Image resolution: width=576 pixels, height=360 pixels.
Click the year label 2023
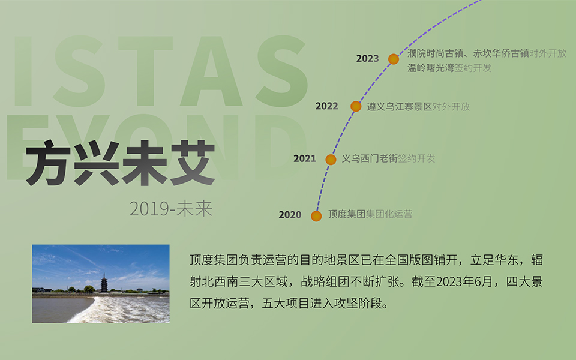[x=367, y=58]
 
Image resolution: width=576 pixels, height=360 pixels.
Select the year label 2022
[x=326, y=106]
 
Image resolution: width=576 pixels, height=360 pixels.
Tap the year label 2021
[x=305, y=158]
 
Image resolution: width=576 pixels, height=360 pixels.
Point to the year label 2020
[x=290, y=215]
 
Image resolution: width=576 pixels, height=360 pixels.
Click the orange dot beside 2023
[x=394, y=59]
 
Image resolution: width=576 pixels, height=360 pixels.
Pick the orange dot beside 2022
[x=356, y=106]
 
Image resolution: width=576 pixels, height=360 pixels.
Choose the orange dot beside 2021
[x=331, y=160]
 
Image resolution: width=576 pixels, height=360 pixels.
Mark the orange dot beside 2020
[x=316, y=216]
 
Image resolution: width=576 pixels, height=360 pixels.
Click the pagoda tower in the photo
[x=104, y=283]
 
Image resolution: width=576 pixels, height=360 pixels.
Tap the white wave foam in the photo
[x=121, y=310]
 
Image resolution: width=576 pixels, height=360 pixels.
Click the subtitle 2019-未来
[x=171, y=209]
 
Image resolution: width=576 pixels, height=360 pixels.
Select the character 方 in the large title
[x=48, y=163]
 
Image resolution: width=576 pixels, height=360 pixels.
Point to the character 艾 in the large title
[x=193, y=163]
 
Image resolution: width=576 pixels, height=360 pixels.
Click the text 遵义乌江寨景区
[x=400, y=107]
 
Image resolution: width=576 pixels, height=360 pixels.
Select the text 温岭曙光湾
[x=431, y=68]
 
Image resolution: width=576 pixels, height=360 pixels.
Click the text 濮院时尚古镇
[x=436, y=53]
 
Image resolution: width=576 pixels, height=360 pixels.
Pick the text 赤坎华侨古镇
[x=501, y=53]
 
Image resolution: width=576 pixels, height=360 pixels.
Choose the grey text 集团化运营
[x=389, y=214]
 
